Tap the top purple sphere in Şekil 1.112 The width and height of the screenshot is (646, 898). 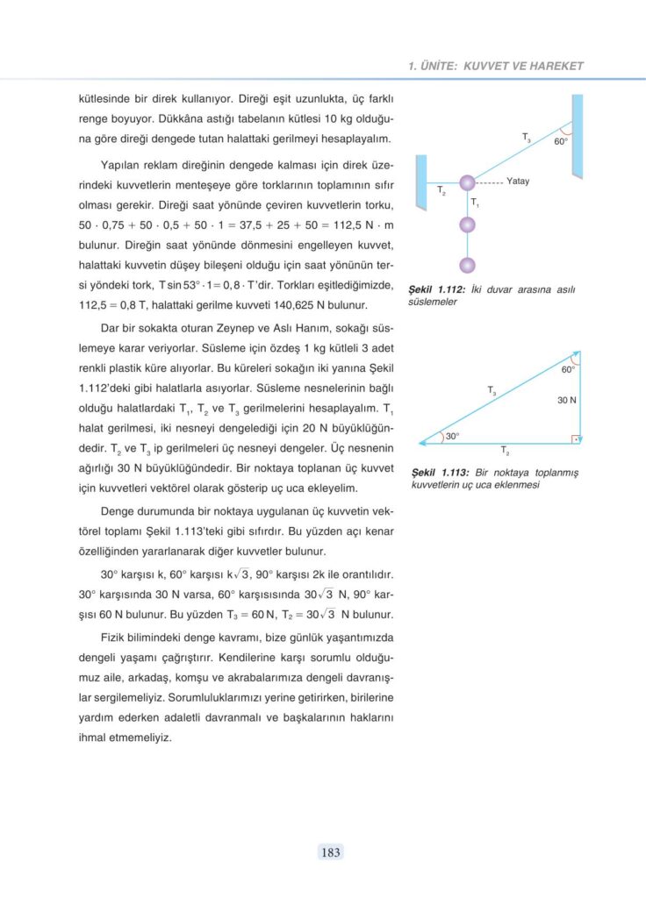[468, 182]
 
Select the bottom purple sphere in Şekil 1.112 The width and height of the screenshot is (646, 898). [468, 265]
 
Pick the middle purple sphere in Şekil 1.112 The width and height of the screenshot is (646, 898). [468, 224]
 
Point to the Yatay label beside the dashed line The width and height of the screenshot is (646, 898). [518, 182]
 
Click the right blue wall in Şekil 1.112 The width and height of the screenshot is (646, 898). [577, 135]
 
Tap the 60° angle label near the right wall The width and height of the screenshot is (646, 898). [561, 141]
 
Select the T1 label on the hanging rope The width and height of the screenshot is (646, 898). [475, 203]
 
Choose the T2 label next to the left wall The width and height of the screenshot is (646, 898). [441, 190]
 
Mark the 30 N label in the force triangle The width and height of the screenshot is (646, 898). [567, 400]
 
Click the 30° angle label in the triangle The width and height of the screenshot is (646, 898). [453, 436]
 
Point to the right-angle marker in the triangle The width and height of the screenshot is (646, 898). [574, 438]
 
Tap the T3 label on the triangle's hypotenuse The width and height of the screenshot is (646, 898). [492, 391]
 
